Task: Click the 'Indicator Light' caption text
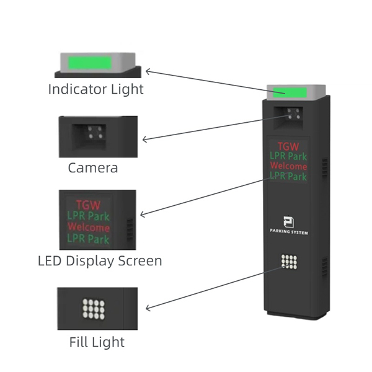96,89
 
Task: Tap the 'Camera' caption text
93,167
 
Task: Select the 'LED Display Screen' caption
100,260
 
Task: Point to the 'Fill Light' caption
97,342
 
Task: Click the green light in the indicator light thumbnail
90,63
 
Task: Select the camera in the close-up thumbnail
95,133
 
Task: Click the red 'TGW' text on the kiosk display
289,147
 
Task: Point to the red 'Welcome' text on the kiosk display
289,167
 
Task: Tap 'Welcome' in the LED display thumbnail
88,228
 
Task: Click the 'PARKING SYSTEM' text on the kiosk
289,232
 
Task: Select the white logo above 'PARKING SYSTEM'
288,222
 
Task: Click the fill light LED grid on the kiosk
289,262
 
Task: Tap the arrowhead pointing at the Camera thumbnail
144,140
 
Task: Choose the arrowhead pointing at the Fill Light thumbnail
147,308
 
